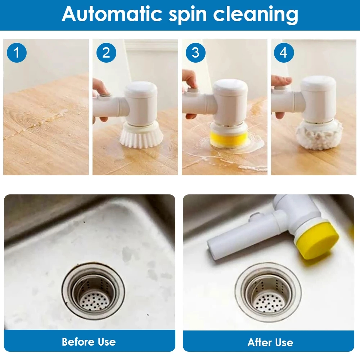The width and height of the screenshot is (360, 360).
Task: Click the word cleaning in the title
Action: tap(256, 15)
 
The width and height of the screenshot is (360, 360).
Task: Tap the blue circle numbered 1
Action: tap(17, 53)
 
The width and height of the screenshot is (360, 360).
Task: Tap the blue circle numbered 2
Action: tap(106, 53)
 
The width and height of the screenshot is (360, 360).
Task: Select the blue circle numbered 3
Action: tap(195, 53)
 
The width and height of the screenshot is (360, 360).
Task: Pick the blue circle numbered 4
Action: tap(284, 53)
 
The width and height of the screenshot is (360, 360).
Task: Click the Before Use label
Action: tap(89, 341)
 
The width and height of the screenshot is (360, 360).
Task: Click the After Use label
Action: tap(270, 342)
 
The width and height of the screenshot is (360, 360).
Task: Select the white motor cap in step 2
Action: tap(141, 104)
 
